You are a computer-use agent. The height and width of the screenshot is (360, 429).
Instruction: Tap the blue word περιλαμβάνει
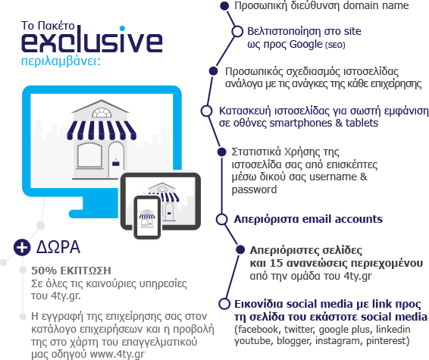click(x=60, y=61)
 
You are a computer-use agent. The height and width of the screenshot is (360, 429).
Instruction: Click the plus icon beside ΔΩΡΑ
click(x=22, y=247)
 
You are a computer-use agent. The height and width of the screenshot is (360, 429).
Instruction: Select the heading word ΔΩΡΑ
click(x=58, y=247)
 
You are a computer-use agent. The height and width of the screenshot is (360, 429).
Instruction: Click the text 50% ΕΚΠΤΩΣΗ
click(x=71, y=271)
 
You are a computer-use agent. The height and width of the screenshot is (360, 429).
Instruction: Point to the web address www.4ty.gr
click(x=117, y=354)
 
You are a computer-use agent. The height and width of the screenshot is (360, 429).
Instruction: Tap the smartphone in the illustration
click(x=147, y=218)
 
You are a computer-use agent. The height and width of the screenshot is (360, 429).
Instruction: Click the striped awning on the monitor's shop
click(x=102, y=130)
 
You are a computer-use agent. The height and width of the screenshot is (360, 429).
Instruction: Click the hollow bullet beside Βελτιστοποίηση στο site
click(x=237, y=32)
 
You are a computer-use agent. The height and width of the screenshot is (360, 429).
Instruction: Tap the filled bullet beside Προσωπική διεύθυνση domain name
click(x=224, y=6)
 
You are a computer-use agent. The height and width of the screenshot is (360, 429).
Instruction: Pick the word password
click(x=254, y=189)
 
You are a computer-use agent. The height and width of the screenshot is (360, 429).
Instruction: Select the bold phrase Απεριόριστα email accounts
click(x=308, y=219)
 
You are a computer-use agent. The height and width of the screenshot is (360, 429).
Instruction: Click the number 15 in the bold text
click(x=276, y=263)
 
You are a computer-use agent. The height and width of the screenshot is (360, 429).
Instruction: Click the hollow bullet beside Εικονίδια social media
click(x=224, y=304)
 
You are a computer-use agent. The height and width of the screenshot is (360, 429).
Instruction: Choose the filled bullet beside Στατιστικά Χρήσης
click(x=221, y=152)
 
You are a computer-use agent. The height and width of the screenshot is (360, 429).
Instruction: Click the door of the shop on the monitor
click(x=116, y=160)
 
